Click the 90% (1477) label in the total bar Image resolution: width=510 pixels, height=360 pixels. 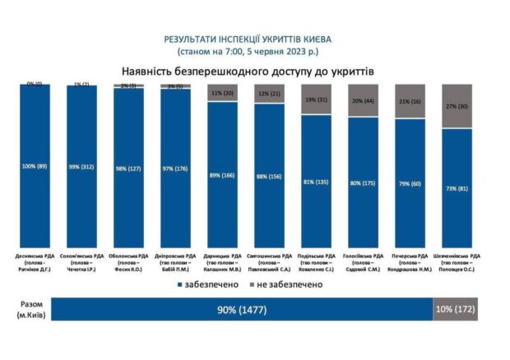(242, 310)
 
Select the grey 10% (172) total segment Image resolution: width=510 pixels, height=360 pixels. (454, 310)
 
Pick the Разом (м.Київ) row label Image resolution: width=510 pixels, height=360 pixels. (29, 309)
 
